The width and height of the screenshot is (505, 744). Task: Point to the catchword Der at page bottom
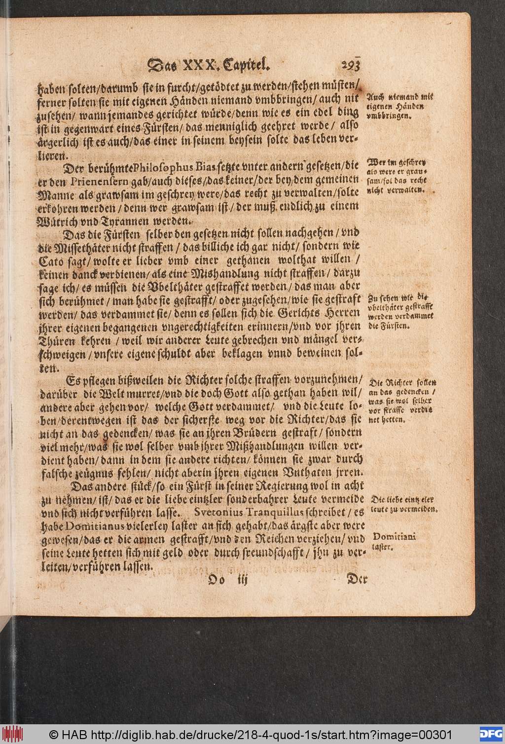click(x=357, y=579)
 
